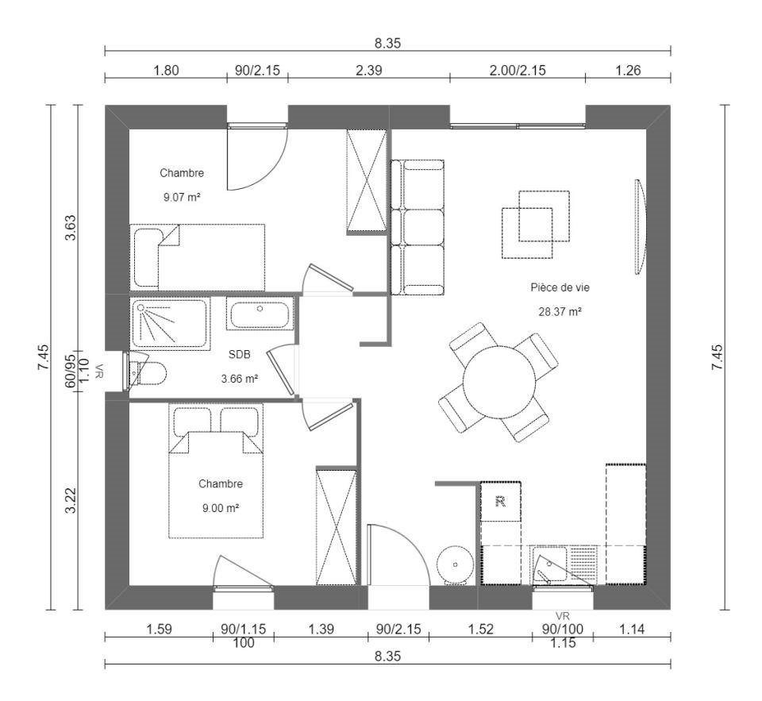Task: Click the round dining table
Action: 498,382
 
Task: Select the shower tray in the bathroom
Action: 168,324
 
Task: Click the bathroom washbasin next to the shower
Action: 260,314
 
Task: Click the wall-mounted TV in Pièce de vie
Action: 640,227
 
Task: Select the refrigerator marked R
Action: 501,501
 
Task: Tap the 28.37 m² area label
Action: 560,312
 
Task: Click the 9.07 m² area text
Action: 182,198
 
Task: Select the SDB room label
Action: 239,354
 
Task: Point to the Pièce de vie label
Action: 560,288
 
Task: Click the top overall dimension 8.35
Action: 387,44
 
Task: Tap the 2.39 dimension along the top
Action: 368,70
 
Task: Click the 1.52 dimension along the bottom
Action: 480,630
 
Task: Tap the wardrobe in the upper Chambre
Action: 367,182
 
